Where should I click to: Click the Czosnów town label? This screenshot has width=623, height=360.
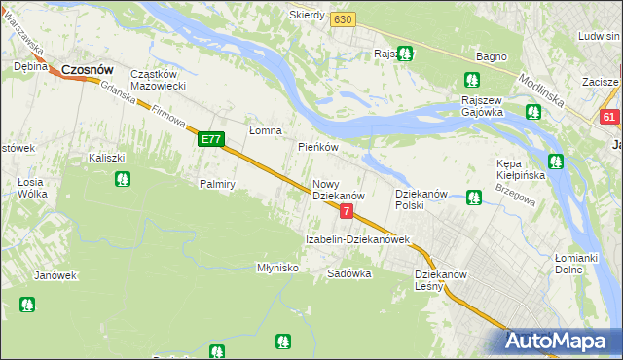click(88, 70)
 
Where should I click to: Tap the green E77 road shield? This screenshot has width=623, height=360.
click(212, 140)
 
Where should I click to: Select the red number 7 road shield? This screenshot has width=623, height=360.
click(347, 211)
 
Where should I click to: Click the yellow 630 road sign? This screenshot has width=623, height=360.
click(342, 19)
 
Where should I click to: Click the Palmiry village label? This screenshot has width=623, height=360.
click(217, 183)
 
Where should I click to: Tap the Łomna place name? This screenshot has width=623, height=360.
click(265, 130)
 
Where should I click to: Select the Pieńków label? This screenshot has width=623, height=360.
click(317, 148)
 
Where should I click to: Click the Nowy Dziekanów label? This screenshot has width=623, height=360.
click(338, 190)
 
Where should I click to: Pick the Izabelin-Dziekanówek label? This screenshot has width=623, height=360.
click(357, 238)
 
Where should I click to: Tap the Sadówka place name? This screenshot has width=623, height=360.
click(349, 273)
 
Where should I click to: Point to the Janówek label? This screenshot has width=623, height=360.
click(55, 275)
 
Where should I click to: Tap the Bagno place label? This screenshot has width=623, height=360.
click(490, 57)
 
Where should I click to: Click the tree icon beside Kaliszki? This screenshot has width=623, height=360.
click(123, 179)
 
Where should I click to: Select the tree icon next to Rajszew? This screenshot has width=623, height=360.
click(405, 54)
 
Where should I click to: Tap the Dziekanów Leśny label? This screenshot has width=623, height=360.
click(442, 280)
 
